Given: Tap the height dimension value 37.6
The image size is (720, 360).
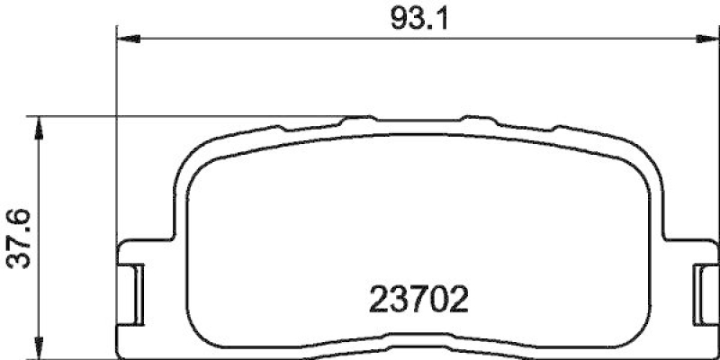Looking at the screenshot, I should (19, 238).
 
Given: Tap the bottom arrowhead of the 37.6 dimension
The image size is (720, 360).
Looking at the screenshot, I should (37, 351).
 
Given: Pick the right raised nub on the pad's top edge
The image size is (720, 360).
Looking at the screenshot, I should (475, 119).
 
